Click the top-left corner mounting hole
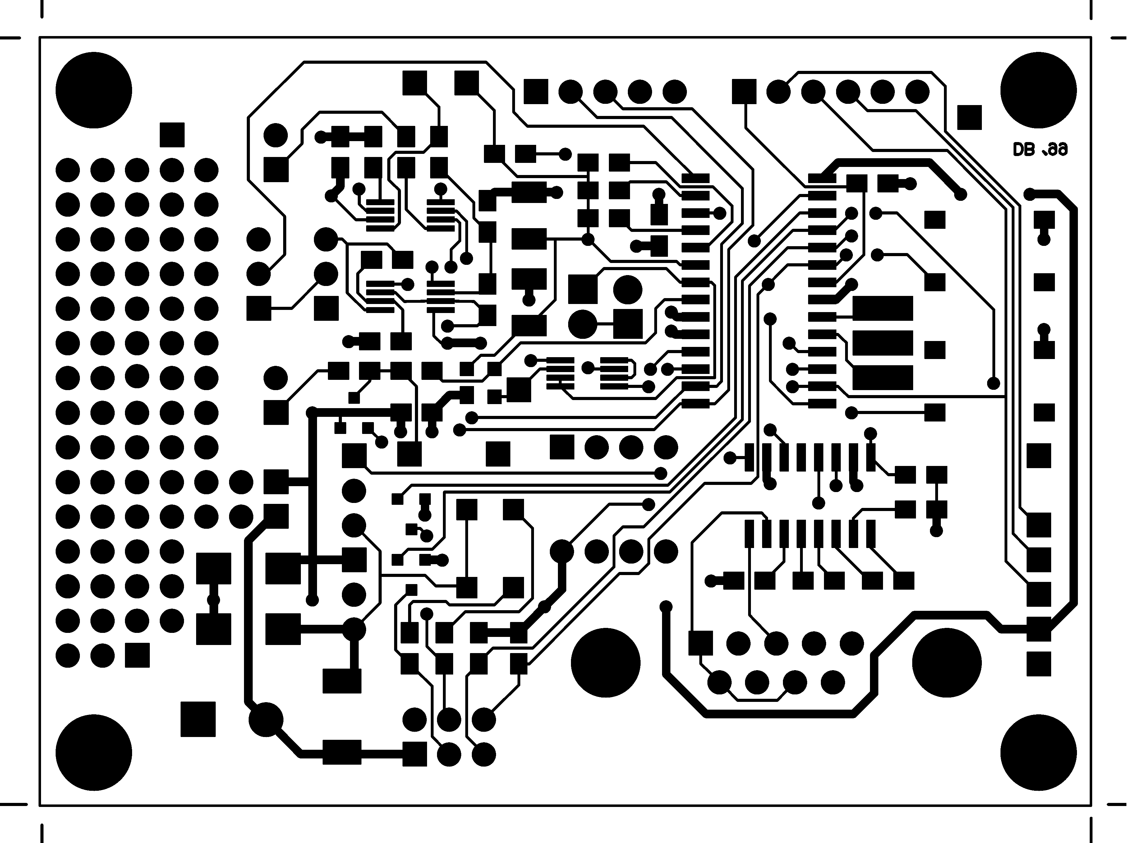tap(94, 90)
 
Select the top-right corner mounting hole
tap(1038, 90)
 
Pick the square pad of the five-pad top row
tap(536, 92)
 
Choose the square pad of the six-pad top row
tap(744, 92)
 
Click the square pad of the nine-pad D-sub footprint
tap(701, 643)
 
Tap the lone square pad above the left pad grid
tap(172, 135)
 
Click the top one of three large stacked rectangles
tap(882, 308)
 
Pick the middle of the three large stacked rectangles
tap(882, 343)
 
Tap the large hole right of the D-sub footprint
tap(947, 663)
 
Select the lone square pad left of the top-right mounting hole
tap(969, 118)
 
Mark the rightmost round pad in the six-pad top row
tap(917, 92)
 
